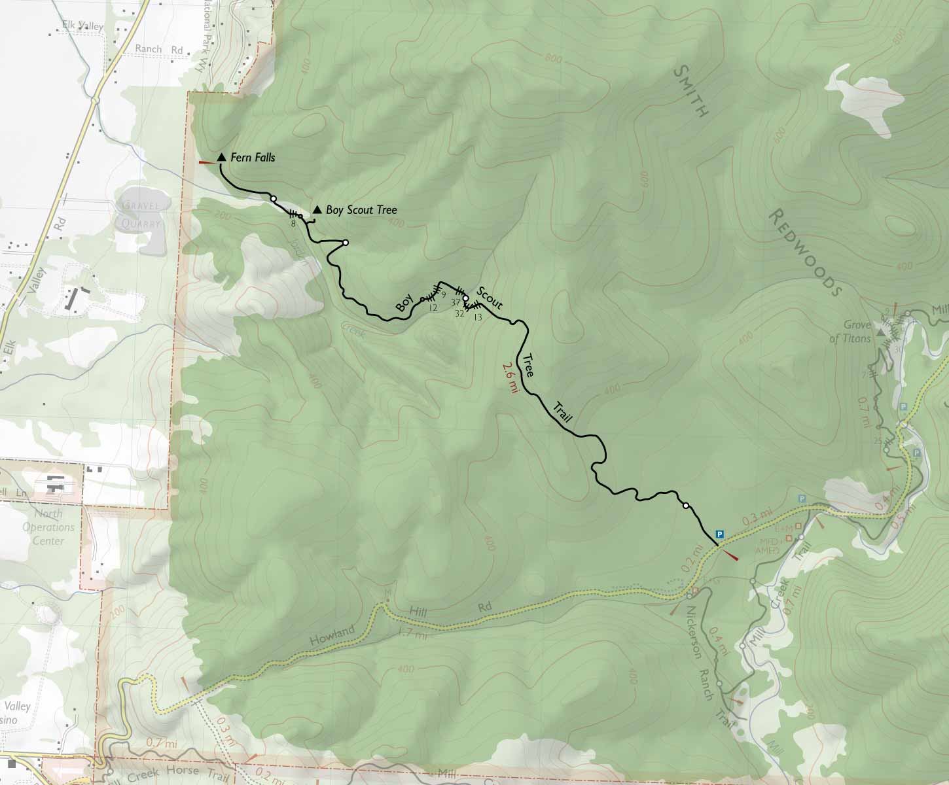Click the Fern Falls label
tap(253, 158)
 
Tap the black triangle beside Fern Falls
tap(221, 157)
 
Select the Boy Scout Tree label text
tap(361, 210)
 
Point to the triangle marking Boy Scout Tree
tap(317, 209)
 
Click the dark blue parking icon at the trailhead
tap(720, 533)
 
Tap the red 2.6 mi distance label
tap(510, 377)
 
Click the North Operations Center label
tap(48, 527)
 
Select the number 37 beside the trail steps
tap(455, 302)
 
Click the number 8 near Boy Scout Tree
tap(293, 224)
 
